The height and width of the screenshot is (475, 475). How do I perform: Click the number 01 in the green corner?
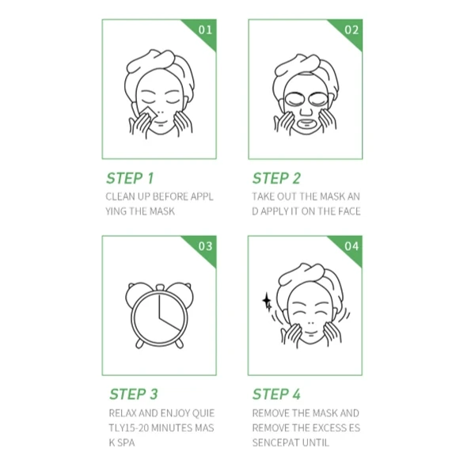pyautogui.click(x=205, y=30)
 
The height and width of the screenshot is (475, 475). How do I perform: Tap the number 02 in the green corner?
pyautogui.click(x=351, y=30)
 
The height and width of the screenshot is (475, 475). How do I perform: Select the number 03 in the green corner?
pyautogui.click(x=205, y=246)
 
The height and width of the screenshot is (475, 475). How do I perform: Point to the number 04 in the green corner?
pyautogui.click(x=351, y=246)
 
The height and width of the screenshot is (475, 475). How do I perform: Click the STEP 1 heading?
pyautogui.click(x=130, y=178)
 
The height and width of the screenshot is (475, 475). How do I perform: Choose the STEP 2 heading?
pyautogui.click(x=276, y=178)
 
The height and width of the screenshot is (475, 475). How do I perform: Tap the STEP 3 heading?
pyautogui.click(x=134, y=394)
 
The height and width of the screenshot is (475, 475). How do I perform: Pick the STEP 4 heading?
pyautogui.click(x=276, y=394)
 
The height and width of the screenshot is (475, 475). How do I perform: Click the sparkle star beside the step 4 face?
pyautogui.click(x=268, y=302)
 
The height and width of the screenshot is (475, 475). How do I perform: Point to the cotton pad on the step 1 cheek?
pyautogui.click(x=148, y=113)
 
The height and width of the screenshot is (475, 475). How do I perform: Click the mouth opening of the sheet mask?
pyautogui.click(x=306, y=123)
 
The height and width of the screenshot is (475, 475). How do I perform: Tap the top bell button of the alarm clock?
pyautogui.click(x=160, y=287)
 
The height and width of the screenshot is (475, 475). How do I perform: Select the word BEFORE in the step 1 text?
pyautogui.click(x=170, y=196)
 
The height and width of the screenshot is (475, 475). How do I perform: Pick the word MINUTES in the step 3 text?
pyautogui.click(x=172, y=427)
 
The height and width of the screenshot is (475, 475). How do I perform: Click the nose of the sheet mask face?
pyautogui.click(x=306, y=111)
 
